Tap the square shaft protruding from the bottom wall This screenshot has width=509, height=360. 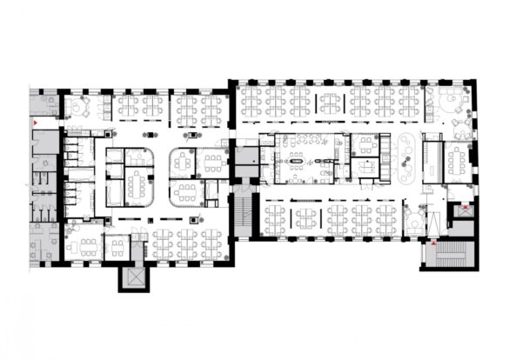[x=133, y=277]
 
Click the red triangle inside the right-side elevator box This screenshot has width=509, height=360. [x=465, y=210]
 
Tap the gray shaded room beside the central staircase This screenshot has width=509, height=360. [x=248, y=161]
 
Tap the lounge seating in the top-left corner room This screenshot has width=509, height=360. [x=78, y=108]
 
